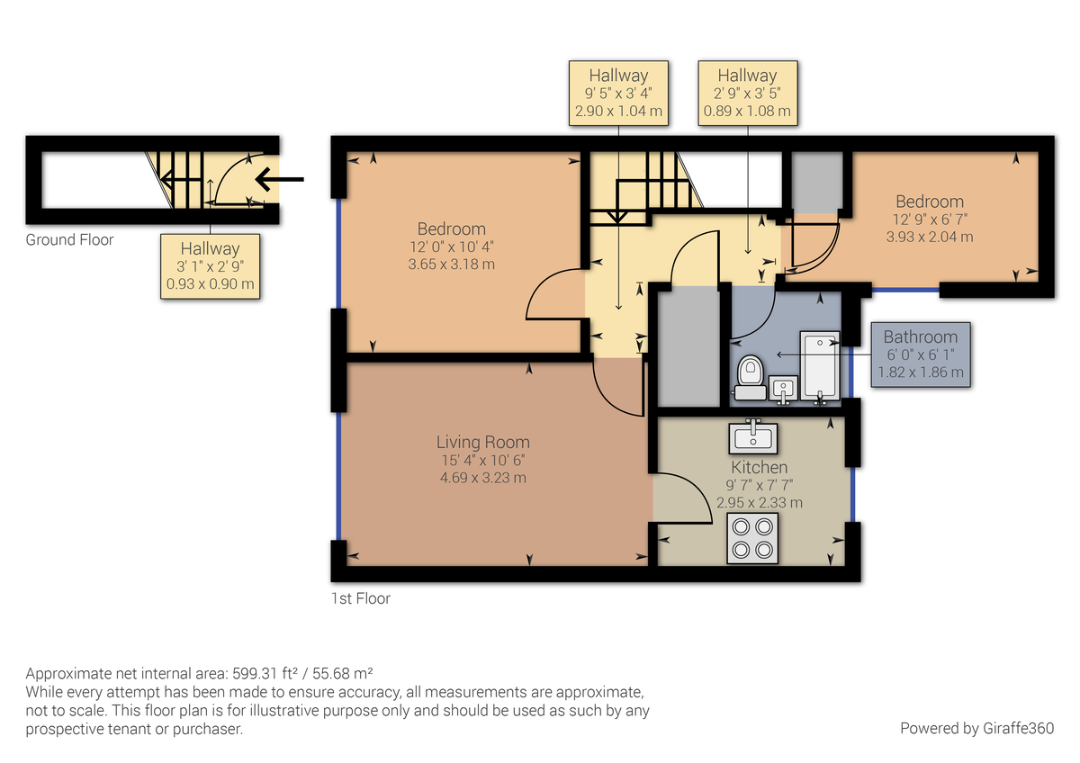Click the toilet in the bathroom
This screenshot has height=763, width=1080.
click(x=750, y=376)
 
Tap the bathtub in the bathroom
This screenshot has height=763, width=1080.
click(x=819, y=367)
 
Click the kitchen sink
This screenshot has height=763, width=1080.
click(x=754, y=436)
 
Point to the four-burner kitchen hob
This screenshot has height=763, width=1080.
click(x=752, y=538)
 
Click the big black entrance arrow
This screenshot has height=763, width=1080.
click(x=279, y=179)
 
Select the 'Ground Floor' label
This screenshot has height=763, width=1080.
click(x=69, y=240)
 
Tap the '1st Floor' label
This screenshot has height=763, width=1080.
click(x=361, y=597)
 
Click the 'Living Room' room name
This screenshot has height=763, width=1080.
click(x=482, y=442)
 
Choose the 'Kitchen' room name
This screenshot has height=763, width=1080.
click(x=759, y=467)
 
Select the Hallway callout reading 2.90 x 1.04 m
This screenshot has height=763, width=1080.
click(x=618, y=93)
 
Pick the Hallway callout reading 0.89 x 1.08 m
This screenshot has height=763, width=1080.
click(x=747, y=93)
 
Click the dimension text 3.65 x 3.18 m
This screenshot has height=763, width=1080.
click(x=451, y=265)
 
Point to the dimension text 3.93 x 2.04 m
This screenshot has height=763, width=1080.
click(x=929, y=237)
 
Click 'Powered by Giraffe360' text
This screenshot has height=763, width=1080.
click(x=976, y=728)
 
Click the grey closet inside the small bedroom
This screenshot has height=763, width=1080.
click(x=816, y=182)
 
